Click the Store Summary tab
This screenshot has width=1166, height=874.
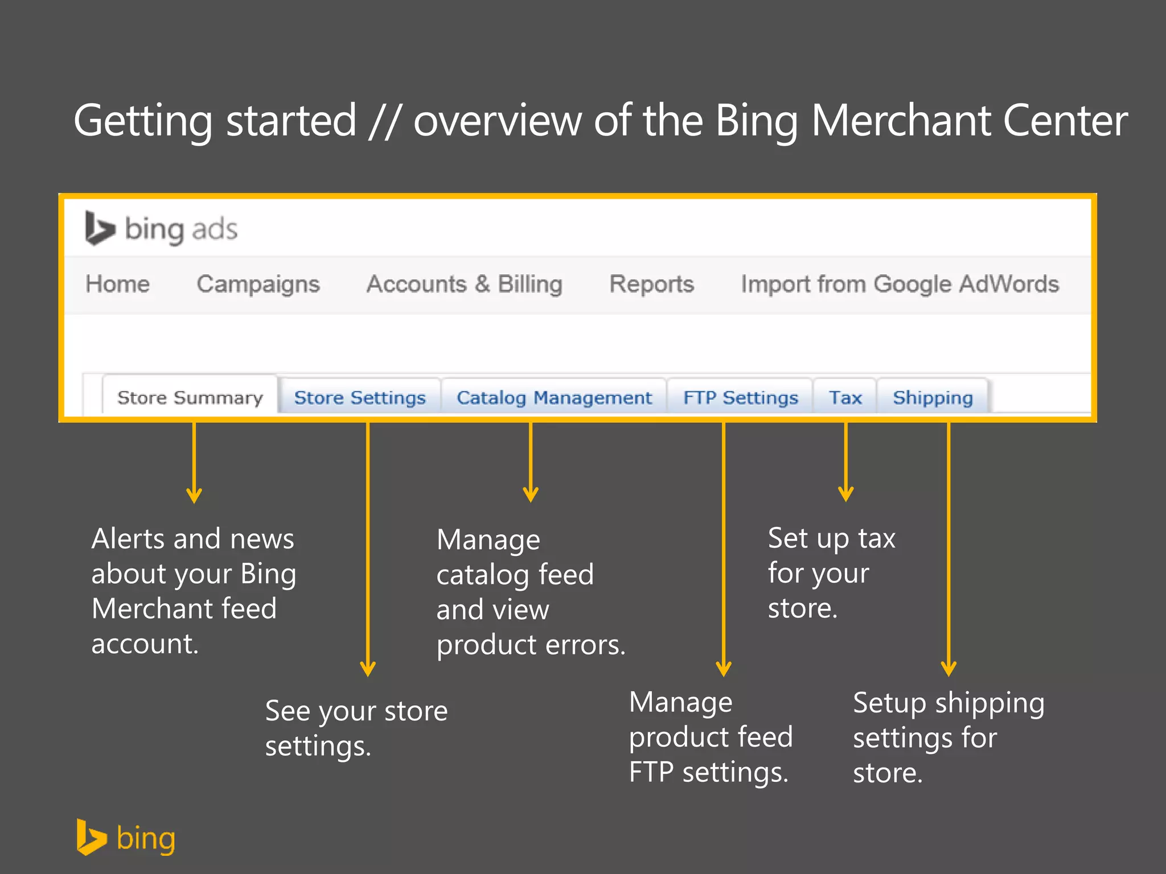click(x=190, y=397)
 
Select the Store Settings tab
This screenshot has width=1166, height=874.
click(x=360, y=397)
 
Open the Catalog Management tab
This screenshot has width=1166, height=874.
click(x=554, y=397)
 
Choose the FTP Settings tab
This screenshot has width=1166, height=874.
click(x=740, y=397)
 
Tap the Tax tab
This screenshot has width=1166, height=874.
click(x=845, y=397)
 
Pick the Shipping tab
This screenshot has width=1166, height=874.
click(x=933, y=397)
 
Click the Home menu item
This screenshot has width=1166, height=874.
click(x=118, y=284)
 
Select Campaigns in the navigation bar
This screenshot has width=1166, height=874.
click(x=258, y=284)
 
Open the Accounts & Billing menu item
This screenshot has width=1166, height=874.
click(x=464, y=284)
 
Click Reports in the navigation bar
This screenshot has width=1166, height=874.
click(x=651, y=284)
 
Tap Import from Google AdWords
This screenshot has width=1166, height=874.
click(x=900, y=284)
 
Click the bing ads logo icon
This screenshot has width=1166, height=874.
click(x=100, y=229)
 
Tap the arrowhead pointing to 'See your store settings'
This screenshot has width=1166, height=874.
click(x=368, y=669)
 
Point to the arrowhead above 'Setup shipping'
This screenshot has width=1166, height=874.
click(x=949, y=669)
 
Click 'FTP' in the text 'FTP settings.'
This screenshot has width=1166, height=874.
click(x=651, y=772)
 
